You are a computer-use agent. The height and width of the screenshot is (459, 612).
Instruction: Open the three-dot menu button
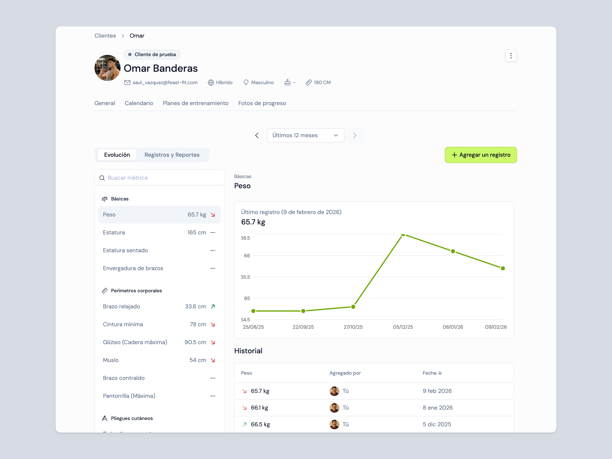pyautogui.click(x=511, y=56)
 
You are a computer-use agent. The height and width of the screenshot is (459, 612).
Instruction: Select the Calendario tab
pyautogui.click(x=139, y=103)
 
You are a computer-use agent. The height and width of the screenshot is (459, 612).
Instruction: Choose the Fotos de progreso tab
pyautogui.click(x=262, y=103)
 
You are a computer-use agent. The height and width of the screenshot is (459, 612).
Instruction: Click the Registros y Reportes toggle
pyautogui.click(x=172, y=155)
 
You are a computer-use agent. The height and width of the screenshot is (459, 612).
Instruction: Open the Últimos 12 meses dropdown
pyautogui.click(x=305, y=135)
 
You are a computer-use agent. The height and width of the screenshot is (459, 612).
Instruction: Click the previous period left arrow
pyautogui.click(x=257, y=135)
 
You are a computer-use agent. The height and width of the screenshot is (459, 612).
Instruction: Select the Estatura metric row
pyautogui.click(x=159, y=233)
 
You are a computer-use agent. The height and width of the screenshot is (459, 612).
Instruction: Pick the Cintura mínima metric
pyautogui.click(x=159, y=324)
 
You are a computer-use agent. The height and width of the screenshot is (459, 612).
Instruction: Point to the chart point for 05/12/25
pyautogui.click(x=403, y=235)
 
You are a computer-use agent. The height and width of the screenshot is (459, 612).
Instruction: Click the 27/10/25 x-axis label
pyautogui.click(x=353, y=327)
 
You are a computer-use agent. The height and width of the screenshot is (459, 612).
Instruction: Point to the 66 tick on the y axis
pyautogui.click(x=247, y=256)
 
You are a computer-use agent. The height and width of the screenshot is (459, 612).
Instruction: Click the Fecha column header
pyautogui.click(x=432, y=373)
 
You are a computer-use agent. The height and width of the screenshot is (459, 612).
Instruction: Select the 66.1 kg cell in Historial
pyautogui.click(x=259, y=408)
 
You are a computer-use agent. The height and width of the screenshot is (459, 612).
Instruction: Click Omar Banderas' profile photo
pyautogui.click(x=107, y=68)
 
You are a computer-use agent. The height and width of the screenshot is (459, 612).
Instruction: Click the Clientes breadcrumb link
pyautogui.click(x=105, y=36)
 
